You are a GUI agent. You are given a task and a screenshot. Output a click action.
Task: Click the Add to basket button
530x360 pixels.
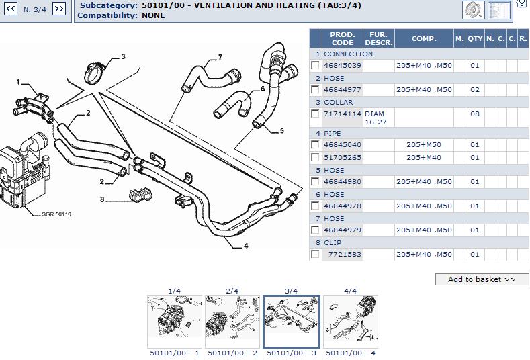click(x=482, y=279)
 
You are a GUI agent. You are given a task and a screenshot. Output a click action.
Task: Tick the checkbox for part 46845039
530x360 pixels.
click(x=315, y=66)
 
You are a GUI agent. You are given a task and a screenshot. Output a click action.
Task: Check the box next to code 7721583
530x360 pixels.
click(x=315, y=255)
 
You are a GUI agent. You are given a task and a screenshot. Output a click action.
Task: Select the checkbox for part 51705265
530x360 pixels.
click(x=315, y=157)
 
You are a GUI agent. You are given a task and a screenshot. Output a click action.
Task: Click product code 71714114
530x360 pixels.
click(x=342, y=114)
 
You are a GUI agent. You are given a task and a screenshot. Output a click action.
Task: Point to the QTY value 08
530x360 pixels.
click(x=475, y=114)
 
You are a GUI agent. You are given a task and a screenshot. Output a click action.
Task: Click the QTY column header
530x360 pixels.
click(x=475, y=39)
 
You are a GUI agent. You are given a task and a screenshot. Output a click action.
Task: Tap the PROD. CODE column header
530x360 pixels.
click(x=342, y=39)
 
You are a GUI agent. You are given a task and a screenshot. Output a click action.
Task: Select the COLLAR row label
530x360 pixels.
click(x=338, y=103)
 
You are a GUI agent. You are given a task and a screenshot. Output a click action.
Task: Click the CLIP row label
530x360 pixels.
click(x=333, y=242)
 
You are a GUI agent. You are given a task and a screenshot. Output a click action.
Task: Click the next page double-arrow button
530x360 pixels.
click(x=59, y=9)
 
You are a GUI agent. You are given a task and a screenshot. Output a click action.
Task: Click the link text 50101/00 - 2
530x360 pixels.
click(x=232, y=353)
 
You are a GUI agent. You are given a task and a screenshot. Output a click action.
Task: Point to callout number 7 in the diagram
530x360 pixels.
click(x=220, y=57)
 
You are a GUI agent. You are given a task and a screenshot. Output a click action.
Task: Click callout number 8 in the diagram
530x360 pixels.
click(x=102, y=199)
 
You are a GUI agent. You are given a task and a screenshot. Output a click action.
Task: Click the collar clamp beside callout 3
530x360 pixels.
click(x=95, y=70)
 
